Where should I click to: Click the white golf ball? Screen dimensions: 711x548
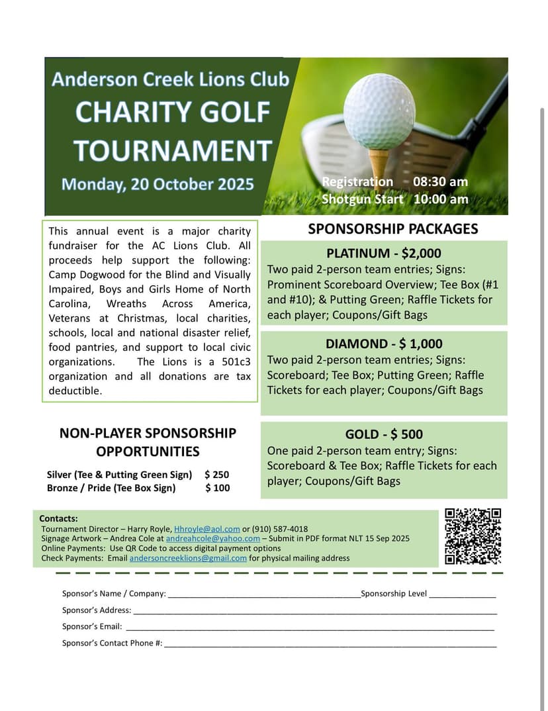coord(379,111)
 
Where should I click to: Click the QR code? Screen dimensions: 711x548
coord(473,536)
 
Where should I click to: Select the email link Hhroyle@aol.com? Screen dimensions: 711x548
coord(206,529)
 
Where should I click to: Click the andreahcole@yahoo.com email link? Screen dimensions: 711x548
coord(212,539)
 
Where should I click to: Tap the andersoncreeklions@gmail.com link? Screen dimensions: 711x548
coord(188,558)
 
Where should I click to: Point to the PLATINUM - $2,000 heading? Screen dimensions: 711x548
coord(383,254)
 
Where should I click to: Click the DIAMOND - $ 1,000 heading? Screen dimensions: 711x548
coord(383,344)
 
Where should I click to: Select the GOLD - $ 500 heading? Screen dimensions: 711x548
coord(383,434)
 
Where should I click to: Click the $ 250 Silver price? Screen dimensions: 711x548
coord(216,475)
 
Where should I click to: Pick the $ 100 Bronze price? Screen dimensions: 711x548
coord(217,488)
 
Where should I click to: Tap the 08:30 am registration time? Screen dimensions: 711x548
coord(440,182)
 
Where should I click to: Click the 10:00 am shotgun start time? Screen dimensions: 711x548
coord(441,199)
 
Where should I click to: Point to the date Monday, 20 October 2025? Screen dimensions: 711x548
coord(158,183)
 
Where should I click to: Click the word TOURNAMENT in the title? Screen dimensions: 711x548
coord(173,150)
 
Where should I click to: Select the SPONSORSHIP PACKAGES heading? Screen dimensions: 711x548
coord(392,229)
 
